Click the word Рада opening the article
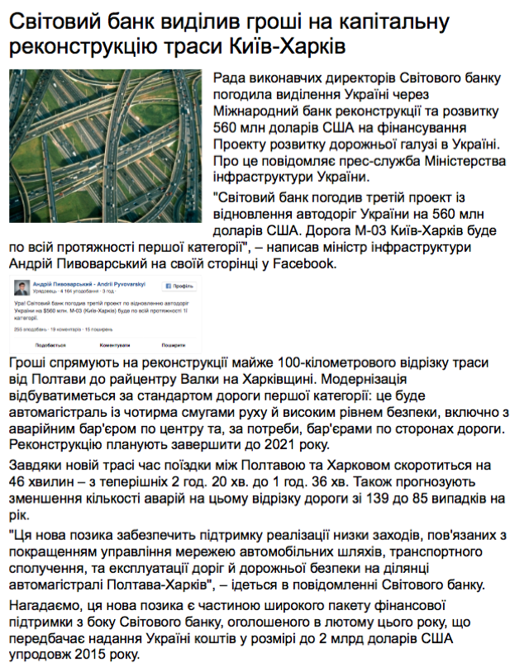click(231, 79)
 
